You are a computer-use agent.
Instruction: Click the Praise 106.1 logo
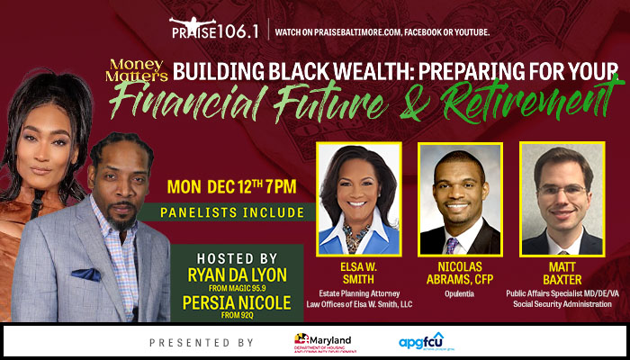[213, 30]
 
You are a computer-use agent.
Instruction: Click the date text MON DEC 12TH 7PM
[231, 189]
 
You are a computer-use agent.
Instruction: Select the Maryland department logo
[325, 342]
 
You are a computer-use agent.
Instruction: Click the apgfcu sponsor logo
[424, 342]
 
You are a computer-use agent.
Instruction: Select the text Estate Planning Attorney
[359, 293]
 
